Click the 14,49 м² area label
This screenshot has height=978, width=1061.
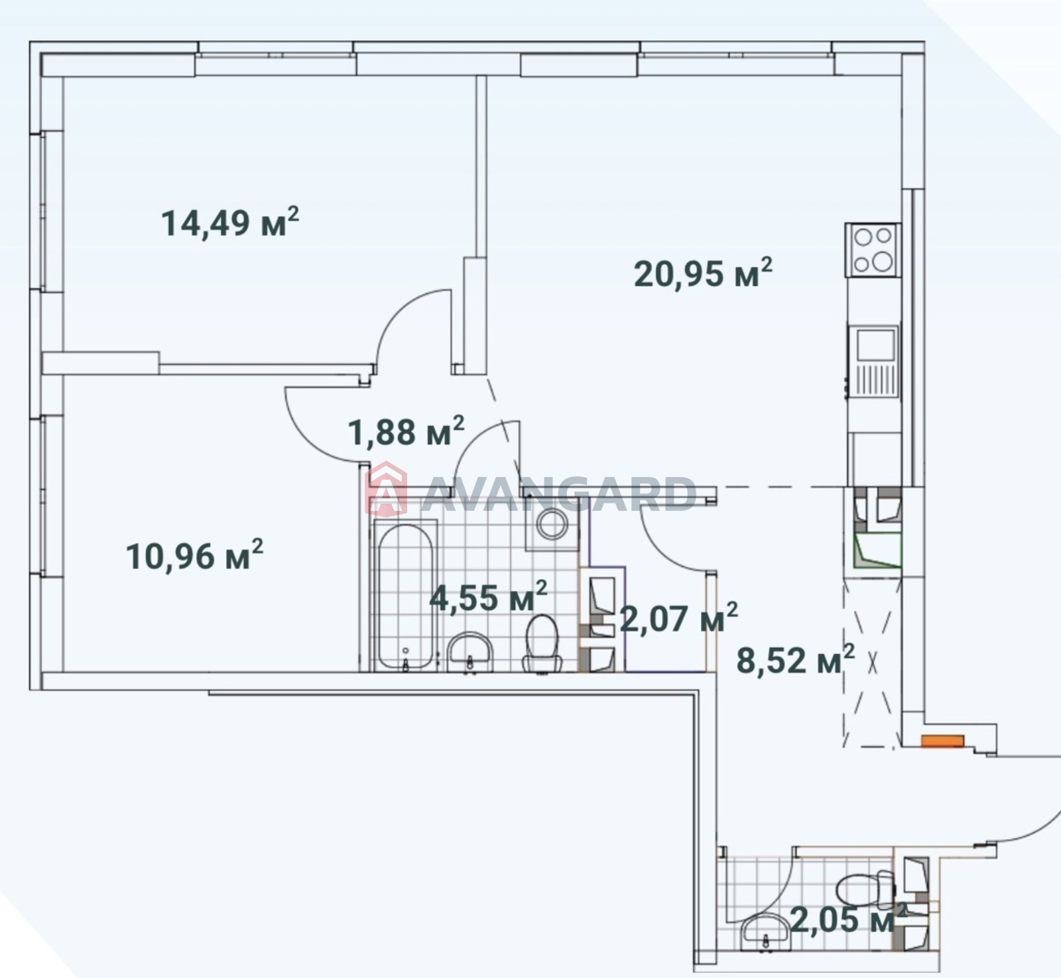tap(229, 222)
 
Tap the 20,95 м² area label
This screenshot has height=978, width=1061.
tap(703, 273)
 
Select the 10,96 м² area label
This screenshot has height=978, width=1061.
tap(194, 555)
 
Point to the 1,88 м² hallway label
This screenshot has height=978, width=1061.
tap(406, 432)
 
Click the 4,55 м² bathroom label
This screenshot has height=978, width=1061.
tap(488, 597)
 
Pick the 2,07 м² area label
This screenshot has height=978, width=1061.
tap(678, 619)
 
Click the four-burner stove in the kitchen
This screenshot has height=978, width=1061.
tap(873, 250)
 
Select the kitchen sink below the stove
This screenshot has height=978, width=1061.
tap(873, 362)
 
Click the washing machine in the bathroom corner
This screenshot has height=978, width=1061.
tap(552, 524)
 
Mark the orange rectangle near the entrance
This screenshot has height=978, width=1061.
tap(942, 741)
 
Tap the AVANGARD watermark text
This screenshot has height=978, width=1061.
tap(557, 494)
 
